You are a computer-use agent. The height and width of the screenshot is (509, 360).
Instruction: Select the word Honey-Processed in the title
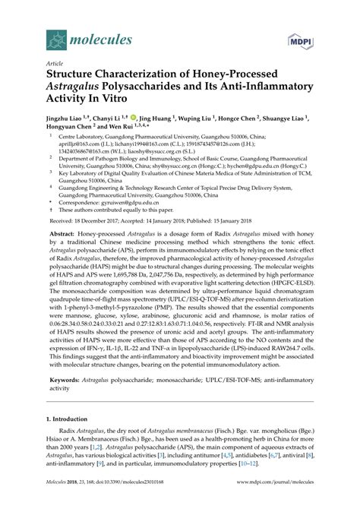pyautogui.click(x=214, y=76)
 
